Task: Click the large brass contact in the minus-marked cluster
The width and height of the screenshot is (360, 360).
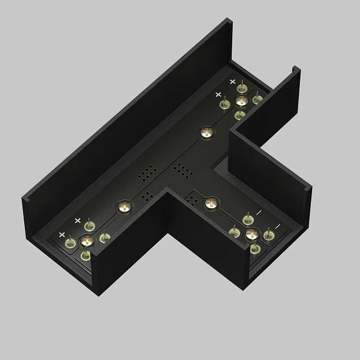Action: [252, 234]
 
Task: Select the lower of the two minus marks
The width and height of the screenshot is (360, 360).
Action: [278, 225]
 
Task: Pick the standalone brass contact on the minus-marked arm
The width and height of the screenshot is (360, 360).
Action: [211, 203]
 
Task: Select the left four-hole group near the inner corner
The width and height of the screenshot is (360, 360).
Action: [147, 196]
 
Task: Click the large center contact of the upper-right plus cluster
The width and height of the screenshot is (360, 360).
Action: [242, 101]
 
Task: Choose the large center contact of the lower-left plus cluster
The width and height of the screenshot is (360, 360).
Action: [87, 240]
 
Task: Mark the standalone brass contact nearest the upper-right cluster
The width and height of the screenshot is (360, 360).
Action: [205, 132]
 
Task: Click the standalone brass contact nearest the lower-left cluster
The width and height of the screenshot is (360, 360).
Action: [123, 206]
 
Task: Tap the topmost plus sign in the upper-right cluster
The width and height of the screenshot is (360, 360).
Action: [233, 82]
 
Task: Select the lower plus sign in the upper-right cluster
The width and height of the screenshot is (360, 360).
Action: [218, 94]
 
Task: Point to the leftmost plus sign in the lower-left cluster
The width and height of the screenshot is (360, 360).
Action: [62, 234]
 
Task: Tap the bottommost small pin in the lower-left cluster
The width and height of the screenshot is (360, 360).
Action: [86, 255]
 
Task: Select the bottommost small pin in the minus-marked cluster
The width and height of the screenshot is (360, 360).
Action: [255, 249]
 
